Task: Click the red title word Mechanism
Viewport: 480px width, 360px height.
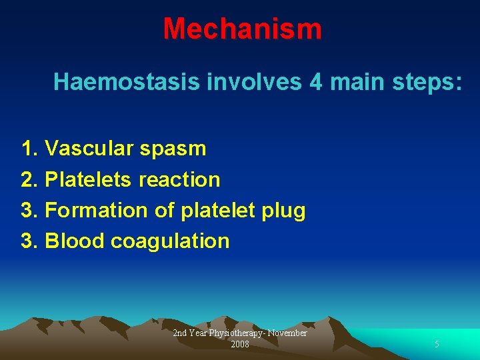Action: (x=242, y=29)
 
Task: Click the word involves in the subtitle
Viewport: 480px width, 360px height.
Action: (x=240, y=82)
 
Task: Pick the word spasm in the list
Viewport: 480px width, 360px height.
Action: (x=173, y=149)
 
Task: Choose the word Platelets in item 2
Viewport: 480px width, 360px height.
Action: (x=89, y=179)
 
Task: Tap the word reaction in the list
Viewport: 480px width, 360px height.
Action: (x=180, y=179)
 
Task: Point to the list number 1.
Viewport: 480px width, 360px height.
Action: (x=29, y=148)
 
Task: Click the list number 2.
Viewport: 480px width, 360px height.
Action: (x=29, y=179)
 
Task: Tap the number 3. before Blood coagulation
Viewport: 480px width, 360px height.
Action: (x=29, y=241)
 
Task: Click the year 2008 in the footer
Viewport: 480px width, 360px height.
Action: (x=240, y=345)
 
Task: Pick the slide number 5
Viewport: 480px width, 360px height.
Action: (x=437, y=345)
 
